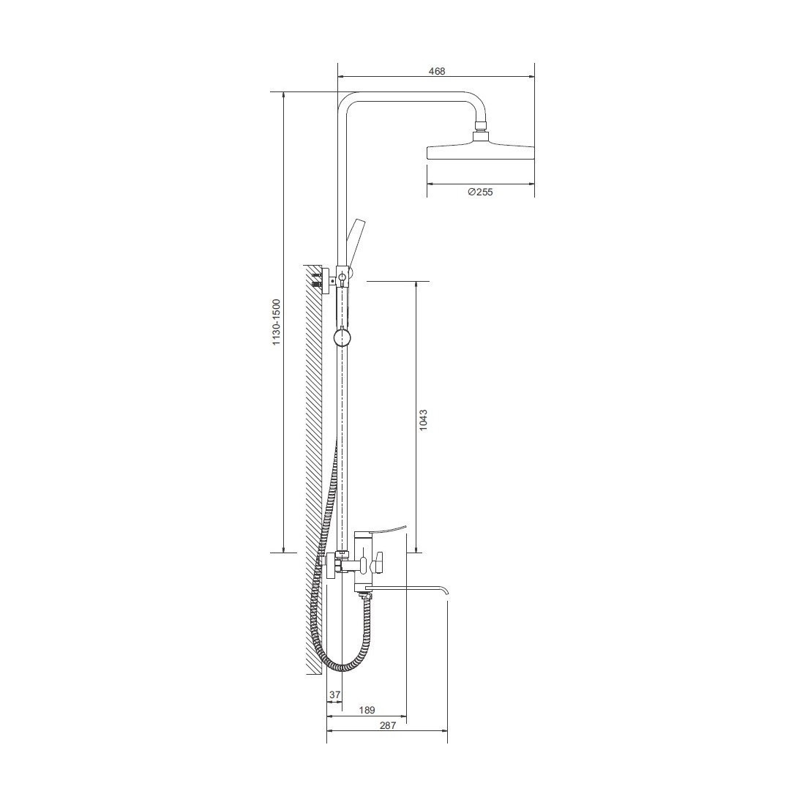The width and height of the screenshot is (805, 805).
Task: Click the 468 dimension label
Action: (436, 72)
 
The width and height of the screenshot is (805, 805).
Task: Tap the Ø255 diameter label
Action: (480, 192)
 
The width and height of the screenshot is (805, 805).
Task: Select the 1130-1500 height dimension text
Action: (276, 322)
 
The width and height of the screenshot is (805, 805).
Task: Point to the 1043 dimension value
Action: (422, 419)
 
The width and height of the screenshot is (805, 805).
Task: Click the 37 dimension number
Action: (334, 694)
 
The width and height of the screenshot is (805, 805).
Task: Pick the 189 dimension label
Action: (367, 710)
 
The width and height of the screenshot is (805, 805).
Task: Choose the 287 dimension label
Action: (387, 725)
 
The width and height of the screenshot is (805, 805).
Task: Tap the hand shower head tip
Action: (356, 224)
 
